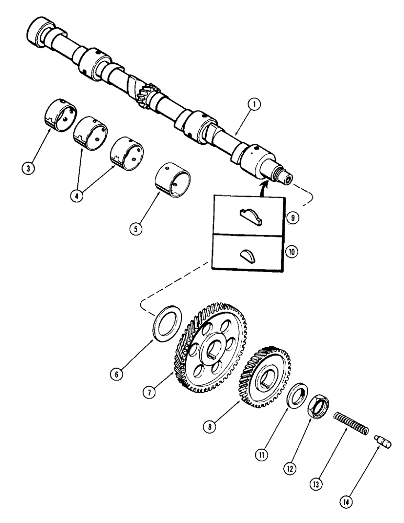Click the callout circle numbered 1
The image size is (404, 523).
tap(254, 105)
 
